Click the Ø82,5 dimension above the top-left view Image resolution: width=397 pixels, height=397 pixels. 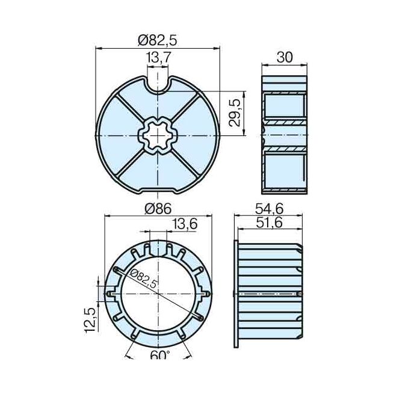point(157,40)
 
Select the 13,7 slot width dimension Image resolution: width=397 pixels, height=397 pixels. point(158,57)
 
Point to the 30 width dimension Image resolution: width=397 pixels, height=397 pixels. point(285,58)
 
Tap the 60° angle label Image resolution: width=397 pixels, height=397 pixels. point(158,356)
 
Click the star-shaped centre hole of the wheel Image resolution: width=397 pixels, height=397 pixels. point(158,137)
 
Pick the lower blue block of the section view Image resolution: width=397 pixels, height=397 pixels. point(285,171)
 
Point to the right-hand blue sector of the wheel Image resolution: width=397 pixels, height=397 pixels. point(195,137)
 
